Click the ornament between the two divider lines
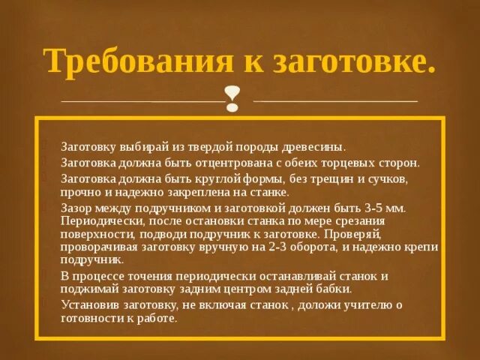click(233, 100)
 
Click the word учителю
click(367, 304)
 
